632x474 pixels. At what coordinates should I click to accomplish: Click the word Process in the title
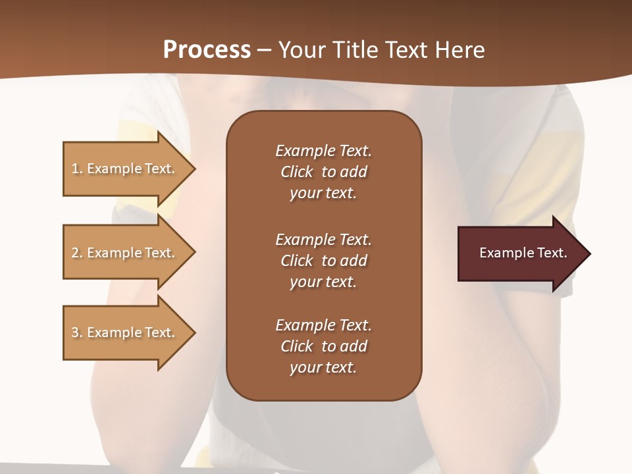207,50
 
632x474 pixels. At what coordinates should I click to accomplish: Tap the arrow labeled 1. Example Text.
125,169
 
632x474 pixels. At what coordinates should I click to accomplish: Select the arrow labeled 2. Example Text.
125,253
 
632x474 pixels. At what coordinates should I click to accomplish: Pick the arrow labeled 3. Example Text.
125,332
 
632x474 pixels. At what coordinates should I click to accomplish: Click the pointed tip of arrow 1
193,169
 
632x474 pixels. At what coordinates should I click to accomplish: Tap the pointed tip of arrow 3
193,332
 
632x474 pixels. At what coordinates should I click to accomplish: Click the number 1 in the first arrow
75,169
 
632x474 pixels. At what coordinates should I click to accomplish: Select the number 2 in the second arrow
75,253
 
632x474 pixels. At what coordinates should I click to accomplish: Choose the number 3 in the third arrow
75,332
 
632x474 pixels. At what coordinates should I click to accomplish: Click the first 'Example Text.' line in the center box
323,151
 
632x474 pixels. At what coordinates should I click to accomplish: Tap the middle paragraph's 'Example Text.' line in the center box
323,240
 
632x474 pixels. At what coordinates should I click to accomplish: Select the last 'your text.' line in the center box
323,367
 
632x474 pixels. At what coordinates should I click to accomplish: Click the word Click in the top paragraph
297,172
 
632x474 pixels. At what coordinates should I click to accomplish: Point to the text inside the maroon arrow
523,253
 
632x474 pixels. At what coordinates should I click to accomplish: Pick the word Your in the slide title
300,50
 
